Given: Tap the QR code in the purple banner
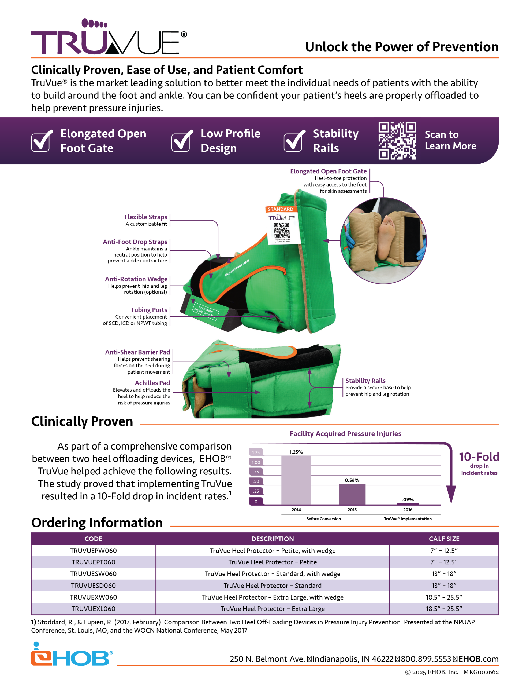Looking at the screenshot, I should click(397, 141).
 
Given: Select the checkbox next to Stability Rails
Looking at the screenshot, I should click(293, 141).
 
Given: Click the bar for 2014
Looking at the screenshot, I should click(296, 480).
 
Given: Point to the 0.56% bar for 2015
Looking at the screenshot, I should click(352, 494).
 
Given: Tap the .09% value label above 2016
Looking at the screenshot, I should click(408, 499).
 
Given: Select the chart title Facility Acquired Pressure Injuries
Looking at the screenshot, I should click(345, 434).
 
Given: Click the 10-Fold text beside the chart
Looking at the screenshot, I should click(479, 457).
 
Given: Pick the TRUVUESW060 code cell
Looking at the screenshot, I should click(93, 574).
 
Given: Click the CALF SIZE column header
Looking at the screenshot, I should click(444, 539).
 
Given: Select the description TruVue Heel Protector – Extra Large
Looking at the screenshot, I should click(273, 609).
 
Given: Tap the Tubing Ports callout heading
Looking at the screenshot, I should click(149, 310).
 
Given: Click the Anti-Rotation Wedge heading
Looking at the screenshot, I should click(136, 279).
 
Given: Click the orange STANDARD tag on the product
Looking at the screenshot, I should click(280, 209).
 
